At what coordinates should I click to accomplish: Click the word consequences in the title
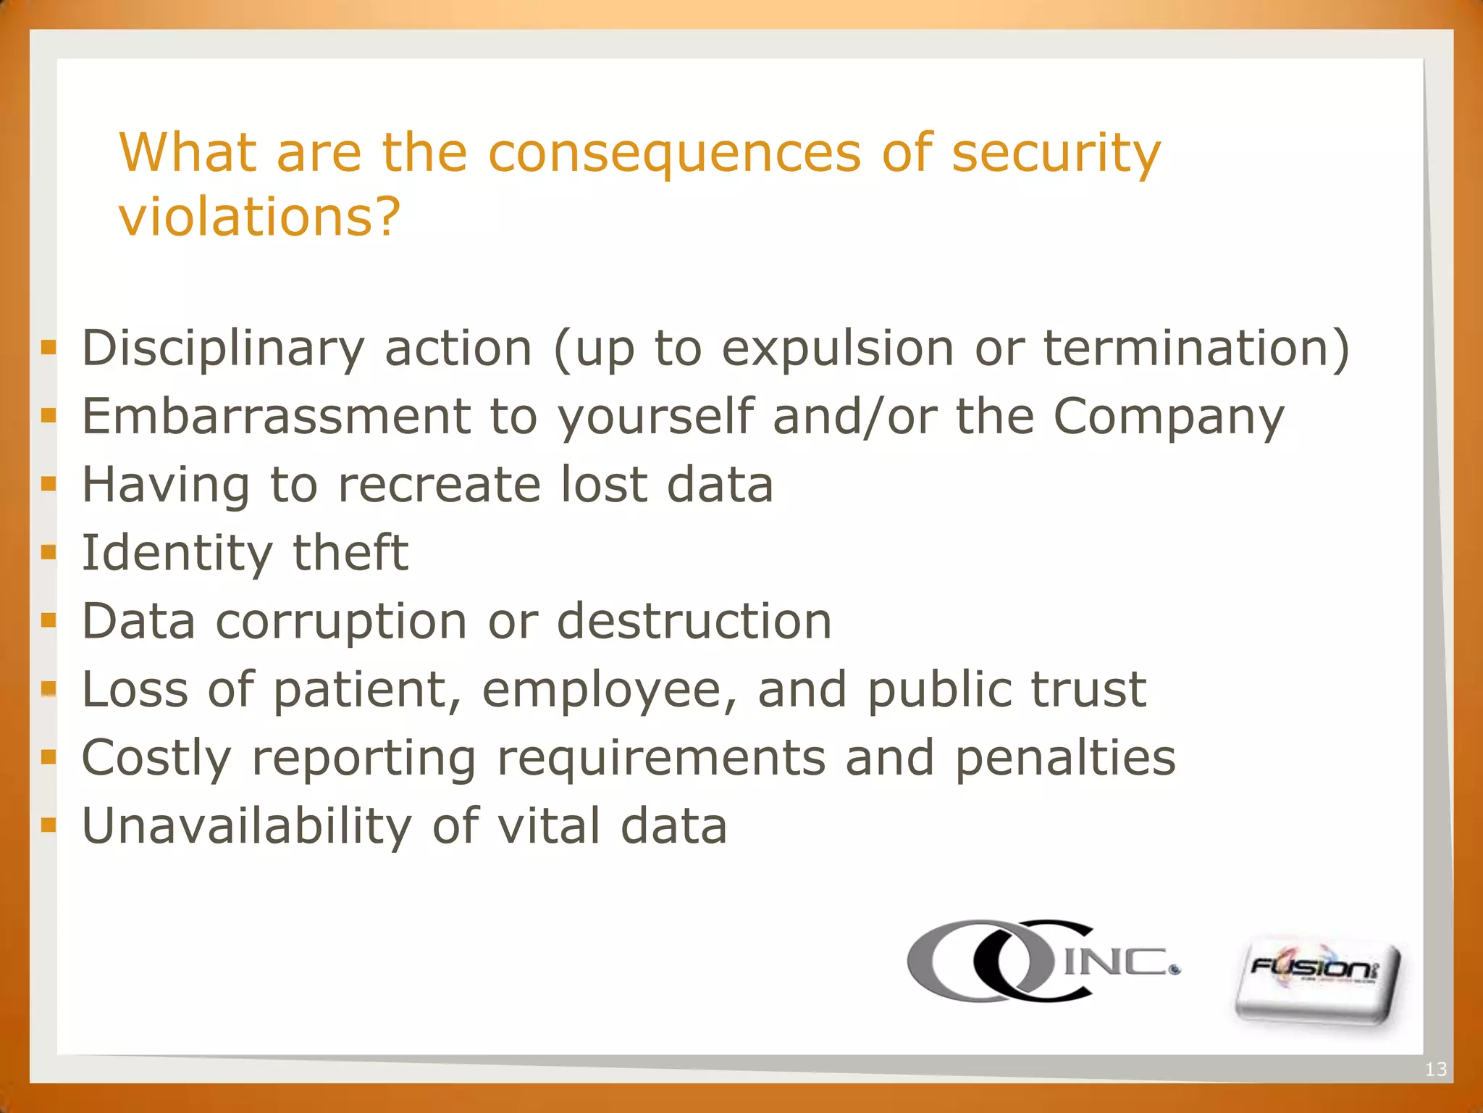tap(674, 154)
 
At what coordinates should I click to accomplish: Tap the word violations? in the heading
tap(259, 217)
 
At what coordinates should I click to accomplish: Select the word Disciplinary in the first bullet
tap(223, 349)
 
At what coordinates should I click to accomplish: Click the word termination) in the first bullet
tap(1196, 348)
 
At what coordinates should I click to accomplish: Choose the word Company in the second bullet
tap(1168, 418)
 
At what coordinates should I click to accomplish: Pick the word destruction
tap(694, 621)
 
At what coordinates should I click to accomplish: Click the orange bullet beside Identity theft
tap(49, 553)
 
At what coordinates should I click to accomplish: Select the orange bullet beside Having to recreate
tap(49, 484)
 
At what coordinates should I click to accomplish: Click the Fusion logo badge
tap(1316, 982)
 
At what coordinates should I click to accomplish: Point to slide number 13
tap(1435, 1069)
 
